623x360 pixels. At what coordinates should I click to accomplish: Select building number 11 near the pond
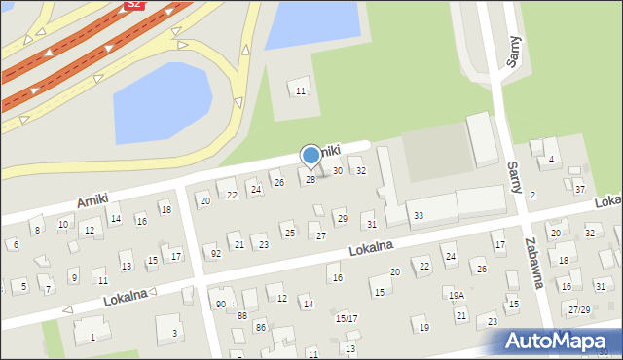click(x=300, y=90)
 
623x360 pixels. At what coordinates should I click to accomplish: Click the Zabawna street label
click(x=531, y=264)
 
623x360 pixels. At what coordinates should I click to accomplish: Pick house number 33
click(x=418, y=215)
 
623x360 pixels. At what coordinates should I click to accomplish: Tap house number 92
click(x=215, y=253)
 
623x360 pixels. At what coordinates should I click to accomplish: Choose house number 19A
click(x=455, y=294)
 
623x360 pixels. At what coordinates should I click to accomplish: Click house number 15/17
click(x=346, y=318)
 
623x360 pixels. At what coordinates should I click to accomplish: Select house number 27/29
click(x=579, y=309)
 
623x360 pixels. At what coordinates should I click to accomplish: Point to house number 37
click(x=579, y=189)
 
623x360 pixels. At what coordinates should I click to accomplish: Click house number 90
click(x=221, y=304)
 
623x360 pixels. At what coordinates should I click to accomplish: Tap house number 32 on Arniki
click(x=360, y=171)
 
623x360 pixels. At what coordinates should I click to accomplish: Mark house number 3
click(x=174, y=333)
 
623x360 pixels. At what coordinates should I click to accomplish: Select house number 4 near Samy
click(x=551, y=159)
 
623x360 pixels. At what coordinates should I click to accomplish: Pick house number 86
click(x=260, y=327)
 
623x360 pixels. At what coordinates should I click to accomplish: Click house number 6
click(x=15, y=244)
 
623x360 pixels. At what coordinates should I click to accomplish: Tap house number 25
click(x=289, y=233)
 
